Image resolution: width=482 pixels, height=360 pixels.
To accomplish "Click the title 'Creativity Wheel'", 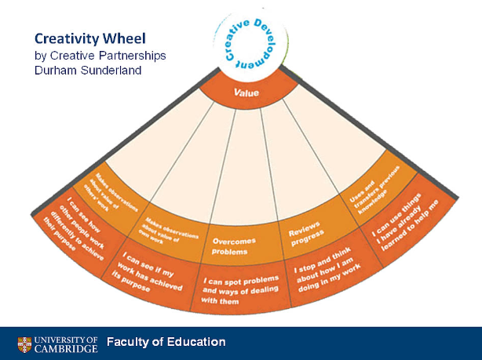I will click(x=91, y=38).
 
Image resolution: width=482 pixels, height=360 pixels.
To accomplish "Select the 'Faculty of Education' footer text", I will click(x=166, y=342).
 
